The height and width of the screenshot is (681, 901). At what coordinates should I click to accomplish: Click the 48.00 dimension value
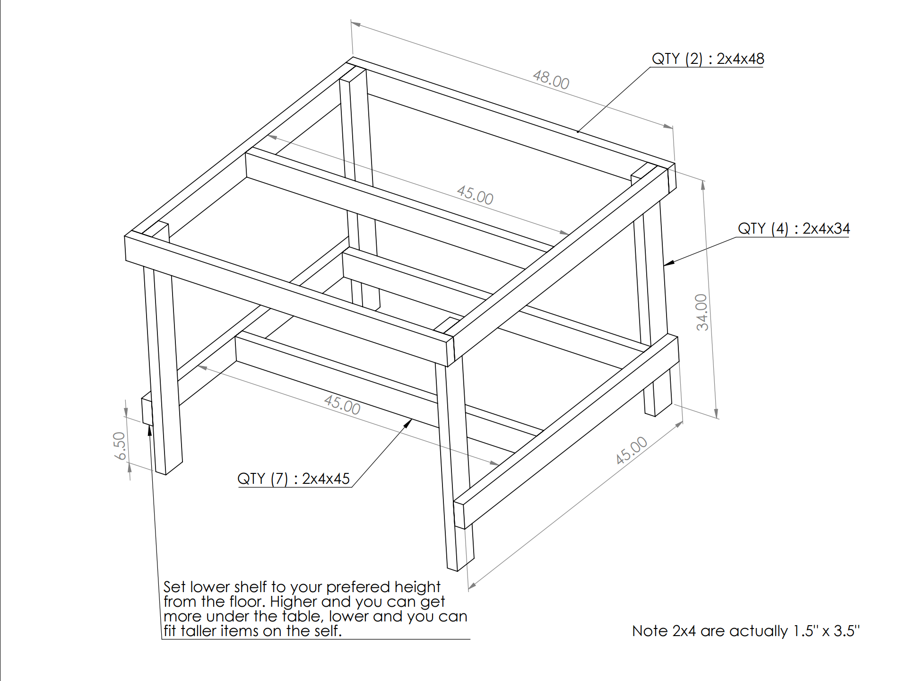[x=551, y=79]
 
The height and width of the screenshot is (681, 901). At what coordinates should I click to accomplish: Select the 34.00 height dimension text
[x=702, y=312]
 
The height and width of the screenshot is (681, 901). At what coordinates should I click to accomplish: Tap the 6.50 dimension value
[x=120, y=445]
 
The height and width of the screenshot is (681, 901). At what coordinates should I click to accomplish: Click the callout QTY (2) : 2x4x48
[x=708, y=59]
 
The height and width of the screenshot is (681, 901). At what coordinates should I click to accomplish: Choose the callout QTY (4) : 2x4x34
[x=794, y=228]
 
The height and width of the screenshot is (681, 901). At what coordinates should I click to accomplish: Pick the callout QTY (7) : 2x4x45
[x=294, y=479]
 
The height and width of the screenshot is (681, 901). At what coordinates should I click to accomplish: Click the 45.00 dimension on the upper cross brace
[x=475, y=195]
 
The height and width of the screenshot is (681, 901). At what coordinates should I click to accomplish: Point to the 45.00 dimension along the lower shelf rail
[x=342, y=405]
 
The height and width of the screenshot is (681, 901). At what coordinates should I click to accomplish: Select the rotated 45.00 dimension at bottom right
[x=631, y=451]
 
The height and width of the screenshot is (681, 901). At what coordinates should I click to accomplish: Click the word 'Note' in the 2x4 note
[x=650, y=631]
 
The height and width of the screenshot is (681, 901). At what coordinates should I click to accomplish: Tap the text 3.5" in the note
[x=847, y=631]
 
